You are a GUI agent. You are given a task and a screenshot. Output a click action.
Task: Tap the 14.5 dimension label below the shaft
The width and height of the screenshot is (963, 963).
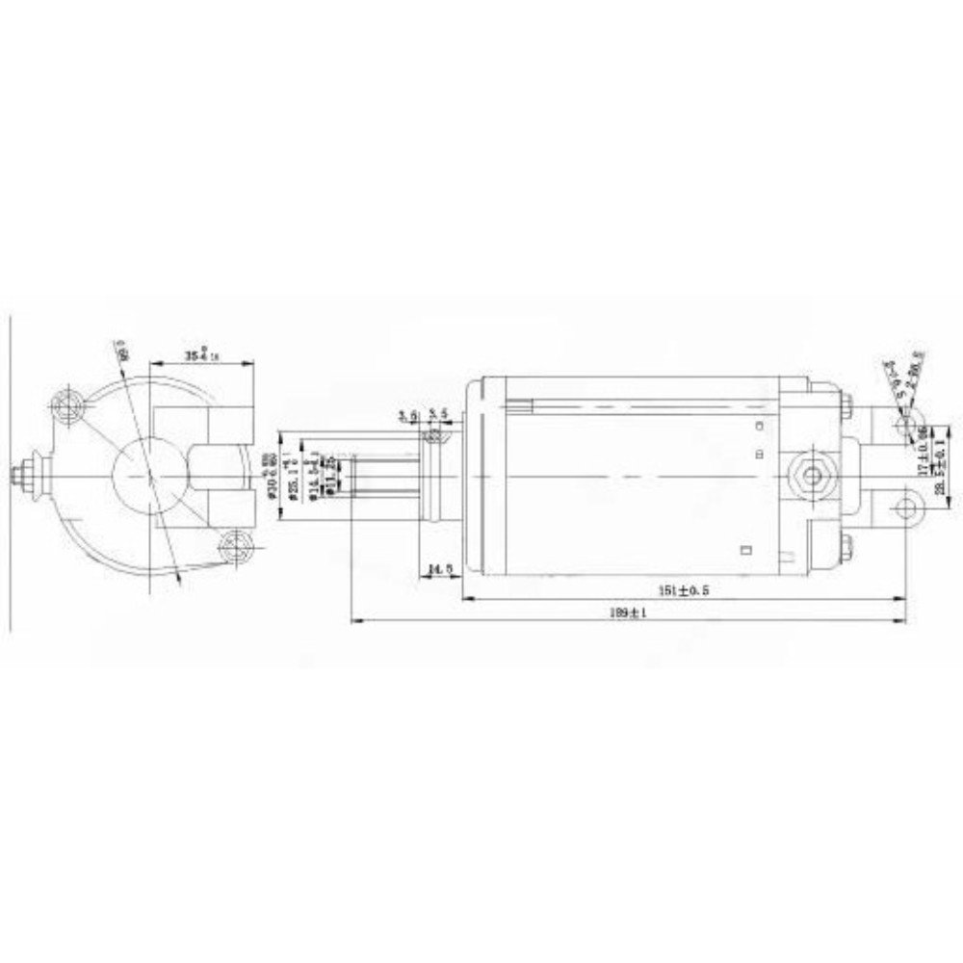440,570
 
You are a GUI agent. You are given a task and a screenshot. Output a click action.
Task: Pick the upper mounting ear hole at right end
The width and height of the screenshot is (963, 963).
904,425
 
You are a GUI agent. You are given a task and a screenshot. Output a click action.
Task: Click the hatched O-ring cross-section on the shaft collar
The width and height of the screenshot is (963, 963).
434,437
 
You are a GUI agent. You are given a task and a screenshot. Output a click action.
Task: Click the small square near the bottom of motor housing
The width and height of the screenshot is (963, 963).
745,551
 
